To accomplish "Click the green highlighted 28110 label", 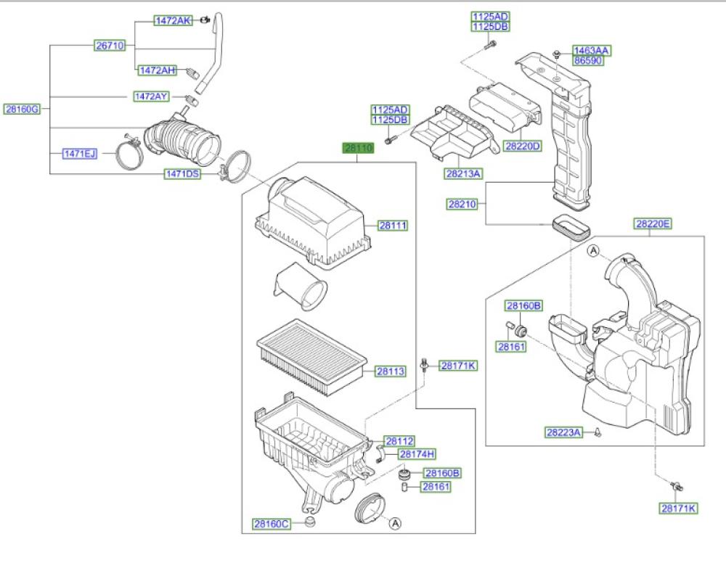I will coord(358,148).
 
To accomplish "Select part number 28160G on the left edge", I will coord(22,109).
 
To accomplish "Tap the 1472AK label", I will coord(172,21).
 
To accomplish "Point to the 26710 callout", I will coord(110,45).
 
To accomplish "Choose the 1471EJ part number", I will coord(79,153).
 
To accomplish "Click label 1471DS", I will coord(182,174).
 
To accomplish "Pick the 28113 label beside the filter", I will coord(390,371).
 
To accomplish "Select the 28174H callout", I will coord(417,454).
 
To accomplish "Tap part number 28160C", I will coord(271,524).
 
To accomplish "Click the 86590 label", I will coord(587,61).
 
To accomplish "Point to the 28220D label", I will coord(523,146).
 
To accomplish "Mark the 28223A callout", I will coord(564,432).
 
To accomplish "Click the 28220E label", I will coord(653,224).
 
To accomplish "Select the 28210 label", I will coord(461,205).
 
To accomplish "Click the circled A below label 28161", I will coord(395,522).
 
